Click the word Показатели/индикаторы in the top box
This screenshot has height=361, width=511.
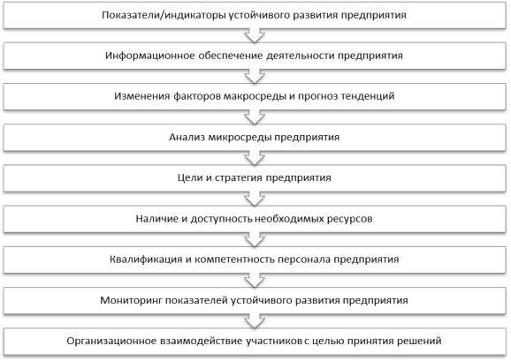click(164, 16)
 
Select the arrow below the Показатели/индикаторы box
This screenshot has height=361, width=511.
click(255, 35)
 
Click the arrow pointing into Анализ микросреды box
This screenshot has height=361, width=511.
click(255, 117)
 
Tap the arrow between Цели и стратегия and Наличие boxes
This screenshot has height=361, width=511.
click(255, 199)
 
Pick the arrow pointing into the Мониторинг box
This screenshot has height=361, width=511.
click(255, 281)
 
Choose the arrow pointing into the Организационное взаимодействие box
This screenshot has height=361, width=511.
click(255, 321)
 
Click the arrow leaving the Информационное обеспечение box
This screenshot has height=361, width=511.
click(255, 77)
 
